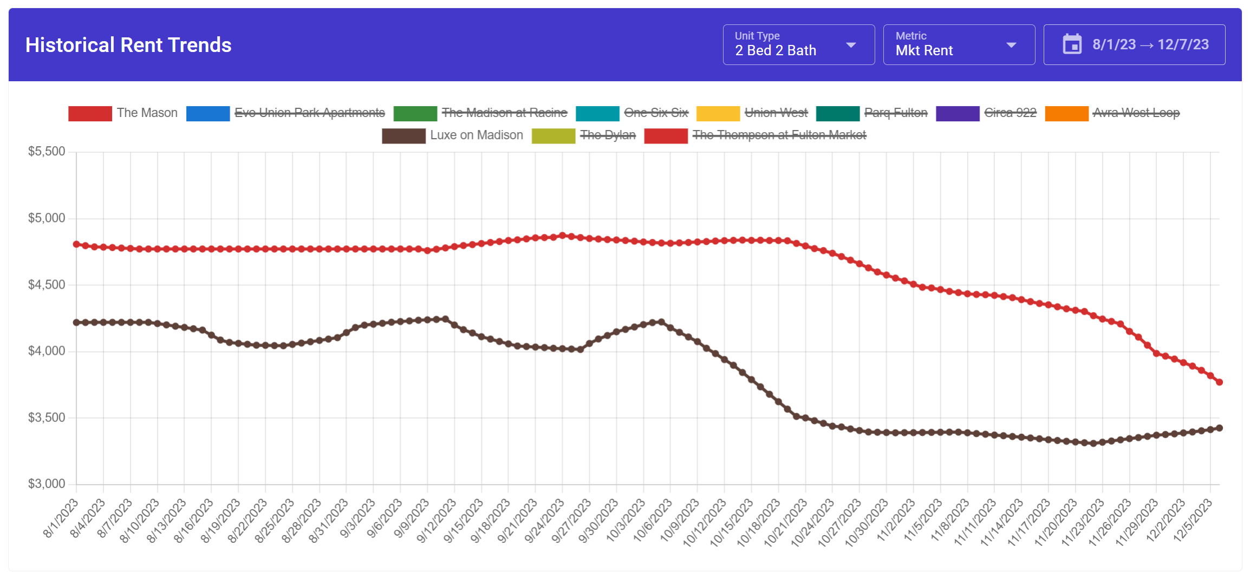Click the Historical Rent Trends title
[x=128, y=45]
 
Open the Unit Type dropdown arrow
[x=851, y=45]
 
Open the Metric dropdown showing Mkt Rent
[x=958, y=45]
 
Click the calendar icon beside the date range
[x=1072, y=44]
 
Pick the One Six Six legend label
[x=655, y=113]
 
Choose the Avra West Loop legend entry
[x=1136, y=113]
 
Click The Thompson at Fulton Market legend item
[x=779, y=135]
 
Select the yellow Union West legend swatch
[x=718, y=113]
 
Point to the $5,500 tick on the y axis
[x=47, y=152]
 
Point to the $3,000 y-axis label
[x=47, y=484]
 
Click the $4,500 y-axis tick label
[x=47, y=285]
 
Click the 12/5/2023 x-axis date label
[x=1192, y=520]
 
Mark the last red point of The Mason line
[x=1219, y=382]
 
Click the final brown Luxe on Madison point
[x=1219, y=428]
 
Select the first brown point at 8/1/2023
[x=76, y=322]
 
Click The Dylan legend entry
[x=607, y=135]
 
